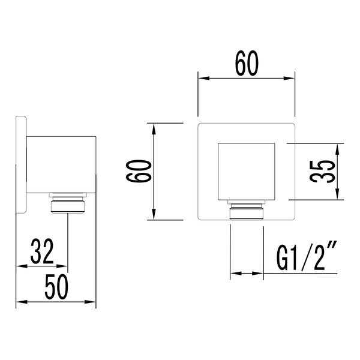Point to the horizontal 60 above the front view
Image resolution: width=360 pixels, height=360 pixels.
coord(246,64)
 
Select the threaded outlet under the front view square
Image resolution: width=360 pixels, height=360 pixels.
coord(246,211)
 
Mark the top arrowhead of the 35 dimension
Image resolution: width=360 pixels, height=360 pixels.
coord(339,146)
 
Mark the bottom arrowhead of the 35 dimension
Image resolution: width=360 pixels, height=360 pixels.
coord(339,196)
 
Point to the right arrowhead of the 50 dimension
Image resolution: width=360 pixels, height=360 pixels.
coord(94,302)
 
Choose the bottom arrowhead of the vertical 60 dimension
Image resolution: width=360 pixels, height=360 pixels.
coord(154,217)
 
